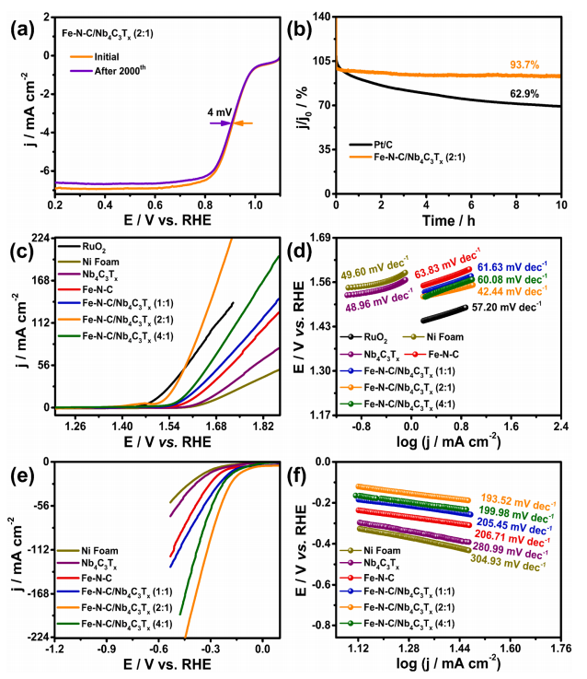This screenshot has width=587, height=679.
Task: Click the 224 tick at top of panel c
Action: point(39,238)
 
